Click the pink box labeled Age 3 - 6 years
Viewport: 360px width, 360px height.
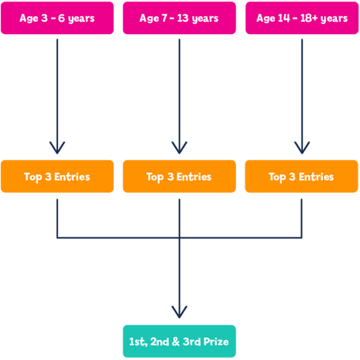[57, 18]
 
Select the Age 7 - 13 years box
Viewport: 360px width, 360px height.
[179, 18]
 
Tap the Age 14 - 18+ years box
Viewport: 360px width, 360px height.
[301, 18]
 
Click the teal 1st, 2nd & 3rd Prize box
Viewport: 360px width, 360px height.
[179, 341]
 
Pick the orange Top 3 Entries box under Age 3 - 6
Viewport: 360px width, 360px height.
[57, 176]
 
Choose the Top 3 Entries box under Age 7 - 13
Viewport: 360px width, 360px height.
[179, 176]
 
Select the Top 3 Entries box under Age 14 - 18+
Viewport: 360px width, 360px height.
[301, 176]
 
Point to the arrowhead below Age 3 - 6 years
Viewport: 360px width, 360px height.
[57, 148]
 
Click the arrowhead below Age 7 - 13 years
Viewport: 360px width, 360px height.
[179, 148]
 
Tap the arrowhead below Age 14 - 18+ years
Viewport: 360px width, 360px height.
[302, 148]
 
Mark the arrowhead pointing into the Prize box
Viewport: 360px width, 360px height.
[179, 312]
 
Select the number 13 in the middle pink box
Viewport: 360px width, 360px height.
[183, 18]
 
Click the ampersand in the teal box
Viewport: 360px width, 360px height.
[175, 341]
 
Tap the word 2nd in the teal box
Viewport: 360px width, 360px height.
[159, 341]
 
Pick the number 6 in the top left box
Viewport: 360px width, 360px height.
[61, 18]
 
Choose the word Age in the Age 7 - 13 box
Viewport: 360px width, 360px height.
[149, 19]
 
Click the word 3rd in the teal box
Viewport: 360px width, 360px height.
[192, 341]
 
